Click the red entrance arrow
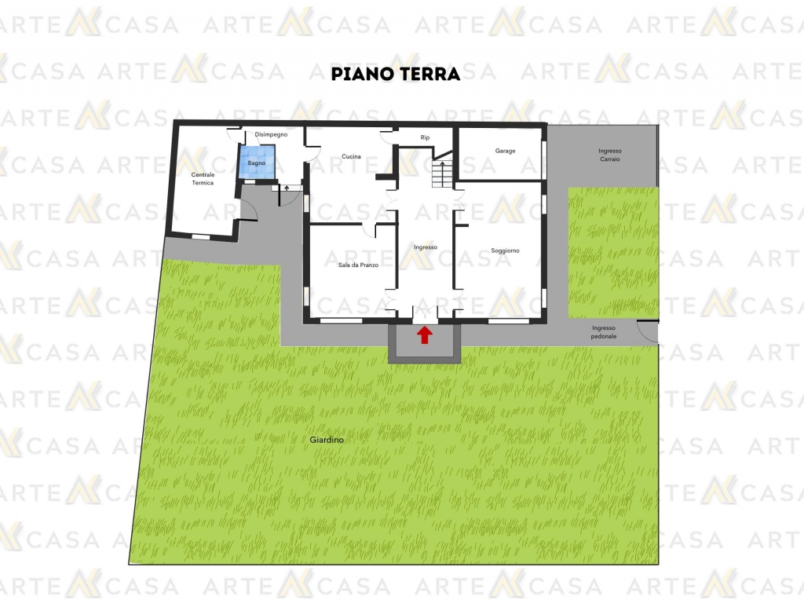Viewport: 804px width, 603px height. pyautogui.click(x=425, y=335)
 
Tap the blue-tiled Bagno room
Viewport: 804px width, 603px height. pyautogui.click(x=257, y=162)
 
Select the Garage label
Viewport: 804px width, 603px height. pyautogui.click(x=505, y=151)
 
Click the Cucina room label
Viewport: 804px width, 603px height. pyautogui.click(x=351, y=156)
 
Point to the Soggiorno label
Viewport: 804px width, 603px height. pyautogui.click(x=505, y=250)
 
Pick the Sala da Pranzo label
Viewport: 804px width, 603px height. pyautogui.click(x=358, y=265)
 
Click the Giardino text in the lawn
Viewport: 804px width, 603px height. pyautogui.click(x=327, y=440)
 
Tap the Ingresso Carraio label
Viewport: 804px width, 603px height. pyautogui.click(x=609, y=155)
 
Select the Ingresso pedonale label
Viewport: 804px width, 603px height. pyautogui.click(x=604, y=332)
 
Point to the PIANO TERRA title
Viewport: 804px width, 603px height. pyautogui.click(x=396, y=74)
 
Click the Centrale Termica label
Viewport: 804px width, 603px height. pyautogui.click(x=203, y=178)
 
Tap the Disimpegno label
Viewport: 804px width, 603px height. pyautogui.click(x=271, y=134)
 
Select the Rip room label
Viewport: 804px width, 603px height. pyautogui.click(x=425, y=137)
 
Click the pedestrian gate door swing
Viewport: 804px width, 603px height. pyautogui.click(x=647, y=331)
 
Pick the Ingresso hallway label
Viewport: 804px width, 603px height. pyautogui.click(x=426, y=247)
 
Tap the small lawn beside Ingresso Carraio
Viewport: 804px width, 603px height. pyautogui.click(x=613, y=252)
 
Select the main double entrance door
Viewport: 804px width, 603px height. pyautogui.click(x=425, y=314)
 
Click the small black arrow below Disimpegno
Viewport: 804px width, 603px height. pyautogui.click(x=287, y=188)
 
